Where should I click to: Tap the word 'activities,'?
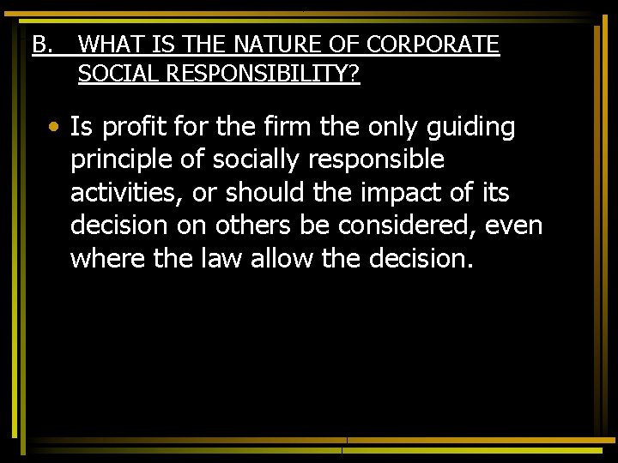coord(127,193)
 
